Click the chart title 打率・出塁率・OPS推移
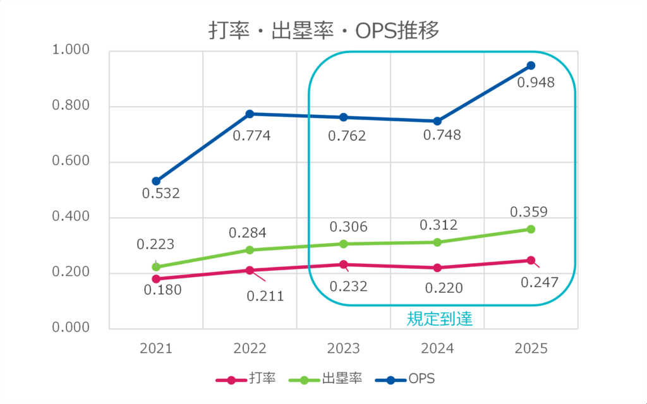pos(323,30)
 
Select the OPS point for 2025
pos(531,66)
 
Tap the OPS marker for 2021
pos(156,181)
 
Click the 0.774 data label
pos(251,135)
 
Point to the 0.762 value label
pos(347,136)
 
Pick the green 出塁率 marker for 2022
pos(250,250)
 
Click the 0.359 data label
pos(528,212)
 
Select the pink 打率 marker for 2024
pos(437,268)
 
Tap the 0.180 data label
pos(162,290)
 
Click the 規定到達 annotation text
pos(439,319)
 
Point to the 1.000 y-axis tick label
pos(71,50)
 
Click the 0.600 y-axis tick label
pos(71,162)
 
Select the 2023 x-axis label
pos(343,348)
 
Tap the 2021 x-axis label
pos(156,348)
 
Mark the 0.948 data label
pos(536,83)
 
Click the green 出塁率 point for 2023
pos(344,244)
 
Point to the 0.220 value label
pos(444,288)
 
